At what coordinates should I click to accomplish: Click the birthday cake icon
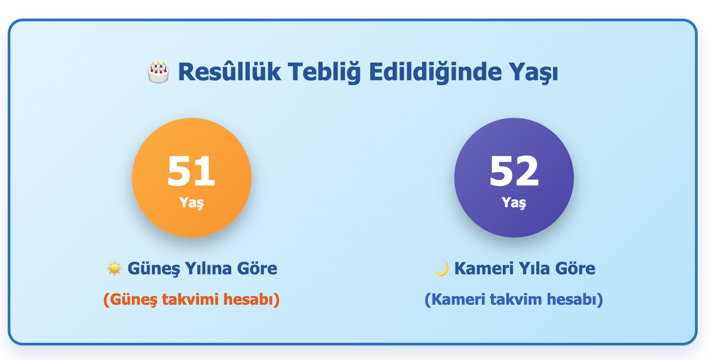pyautogui.click(x=159, y=72)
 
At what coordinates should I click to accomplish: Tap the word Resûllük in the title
pyautogui.click(x=229, y=72)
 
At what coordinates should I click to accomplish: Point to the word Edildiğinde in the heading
pyautogui.click(x=435, y=72)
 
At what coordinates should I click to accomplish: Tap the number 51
pyautogui.click(x=191, y=171)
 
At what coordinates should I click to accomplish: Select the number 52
pyautogui.click(x=514, y=171)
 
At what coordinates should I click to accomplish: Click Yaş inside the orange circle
pyautogui.click(x=191, y=202)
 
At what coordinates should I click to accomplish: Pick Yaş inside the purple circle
pyautogui.click(x=514, y=202)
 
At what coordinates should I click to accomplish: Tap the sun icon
pyautogui.click(x=114, y=268)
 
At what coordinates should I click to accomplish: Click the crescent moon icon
pyautogui.click(x=441, y=268)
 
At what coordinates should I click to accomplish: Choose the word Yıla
pyautogui.click(x=534, y=268)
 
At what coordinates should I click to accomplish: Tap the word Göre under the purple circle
pyautogui.click(x=575, y=268)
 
